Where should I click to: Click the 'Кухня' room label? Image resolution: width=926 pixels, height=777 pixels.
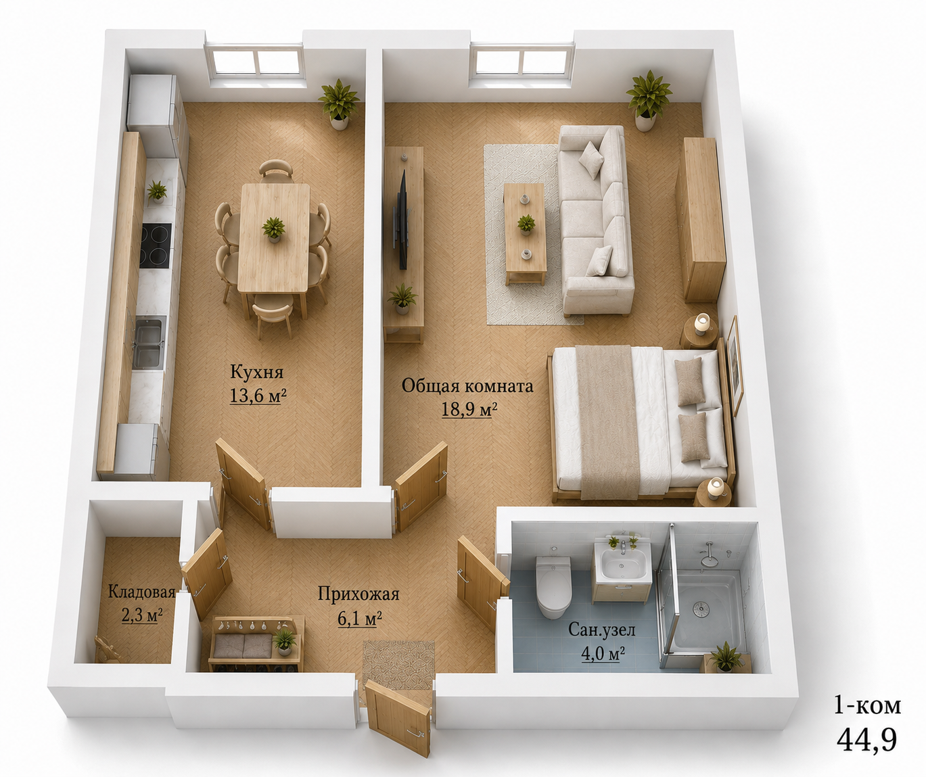tap(256, 372)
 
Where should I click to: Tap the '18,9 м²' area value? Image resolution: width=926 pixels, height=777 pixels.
tap(469, 409)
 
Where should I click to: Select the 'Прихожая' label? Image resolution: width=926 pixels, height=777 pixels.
tap(358, 594)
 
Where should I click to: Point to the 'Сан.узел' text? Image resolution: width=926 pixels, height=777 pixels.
tap(602, 630)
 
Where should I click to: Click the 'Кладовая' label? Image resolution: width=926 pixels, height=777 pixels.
tap(141, 592)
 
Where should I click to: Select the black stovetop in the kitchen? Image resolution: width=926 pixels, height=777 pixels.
tap(155, 245)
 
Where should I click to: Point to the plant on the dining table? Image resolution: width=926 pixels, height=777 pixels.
tap(273, 229)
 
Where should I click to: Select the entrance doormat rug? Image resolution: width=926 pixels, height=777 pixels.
tap(398, 665)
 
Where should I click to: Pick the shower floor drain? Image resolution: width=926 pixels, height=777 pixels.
tap(700, 609)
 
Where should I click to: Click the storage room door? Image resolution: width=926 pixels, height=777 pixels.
tap(207, 573)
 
